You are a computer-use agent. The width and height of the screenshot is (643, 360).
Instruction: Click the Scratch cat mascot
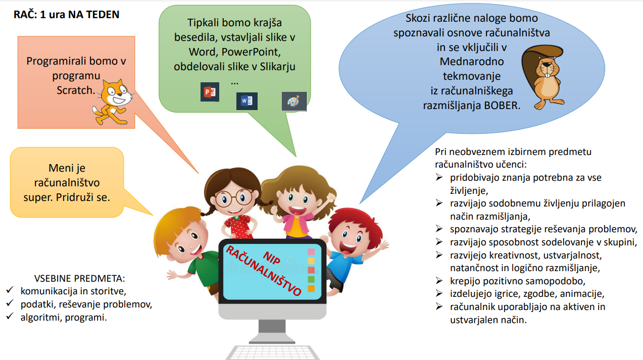(113, 102)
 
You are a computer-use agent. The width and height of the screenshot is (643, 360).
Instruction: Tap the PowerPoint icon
(210, 92)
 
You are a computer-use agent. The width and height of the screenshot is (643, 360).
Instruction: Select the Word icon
(247, 101)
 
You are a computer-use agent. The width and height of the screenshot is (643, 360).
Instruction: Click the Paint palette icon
(294, 101)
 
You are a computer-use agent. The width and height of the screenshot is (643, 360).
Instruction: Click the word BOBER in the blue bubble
(502, 106)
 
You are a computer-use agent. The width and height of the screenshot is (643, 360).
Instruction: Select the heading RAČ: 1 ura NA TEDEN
(66, 14)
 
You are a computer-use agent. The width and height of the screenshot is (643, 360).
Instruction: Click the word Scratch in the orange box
(76, 90)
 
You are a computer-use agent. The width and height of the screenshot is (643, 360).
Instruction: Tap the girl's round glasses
(234, 197)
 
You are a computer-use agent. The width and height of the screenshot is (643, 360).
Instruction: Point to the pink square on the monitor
(311, 252)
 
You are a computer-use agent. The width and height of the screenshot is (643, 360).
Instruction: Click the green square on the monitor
(311, 279)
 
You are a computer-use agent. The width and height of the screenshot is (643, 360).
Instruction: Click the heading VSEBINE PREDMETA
(79, 278)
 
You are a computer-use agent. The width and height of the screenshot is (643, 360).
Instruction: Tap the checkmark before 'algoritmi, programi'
(10, 316)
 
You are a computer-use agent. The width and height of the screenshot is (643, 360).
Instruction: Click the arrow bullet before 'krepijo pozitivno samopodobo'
(439, 280)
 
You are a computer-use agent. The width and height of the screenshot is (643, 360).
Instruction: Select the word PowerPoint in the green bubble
(251, 52)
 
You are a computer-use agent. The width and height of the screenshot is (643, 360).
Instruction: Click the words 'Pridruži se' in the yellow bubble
(83, 197)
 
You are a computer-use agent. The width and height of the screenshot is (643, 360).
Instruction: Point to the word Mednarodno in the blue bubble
(472, 62)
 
